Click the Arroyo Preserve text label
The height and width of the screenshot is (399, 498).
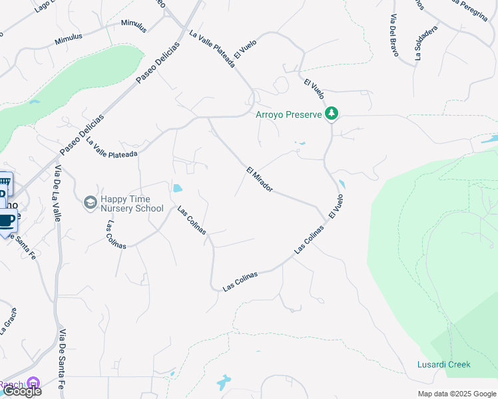(x=289, y=114)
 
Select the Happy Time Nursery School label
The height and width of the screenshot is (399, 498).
(x=131, y=203)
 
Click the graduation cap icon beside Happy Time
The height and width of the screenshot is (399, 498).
(x=91, y=201)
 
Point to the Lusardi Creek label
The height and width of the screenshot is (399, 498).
(x=443, y=364)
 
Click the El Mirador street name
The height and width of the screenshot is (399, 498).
(x=260, y=179)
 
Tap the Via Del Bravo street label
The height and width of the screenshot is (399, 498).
(x=393, y=37)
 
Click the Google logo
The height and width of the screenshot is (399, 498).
(x=21, y=392)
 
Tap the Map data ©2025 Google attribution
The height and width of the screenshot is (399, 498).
(x=457, y=394)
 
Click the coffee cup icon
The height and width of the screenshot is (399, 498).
(x=6, y=220)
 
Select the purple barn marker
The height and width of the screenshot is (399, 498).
(x=34, y=383)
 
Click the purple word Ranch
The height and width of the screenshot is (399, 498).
(x=11, y=384)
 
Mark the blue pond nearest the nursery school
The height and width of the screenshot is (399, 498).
(x=176, y=188)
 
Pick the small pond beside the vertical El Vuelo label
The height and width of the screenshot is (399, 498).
(x=342, y=184)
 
